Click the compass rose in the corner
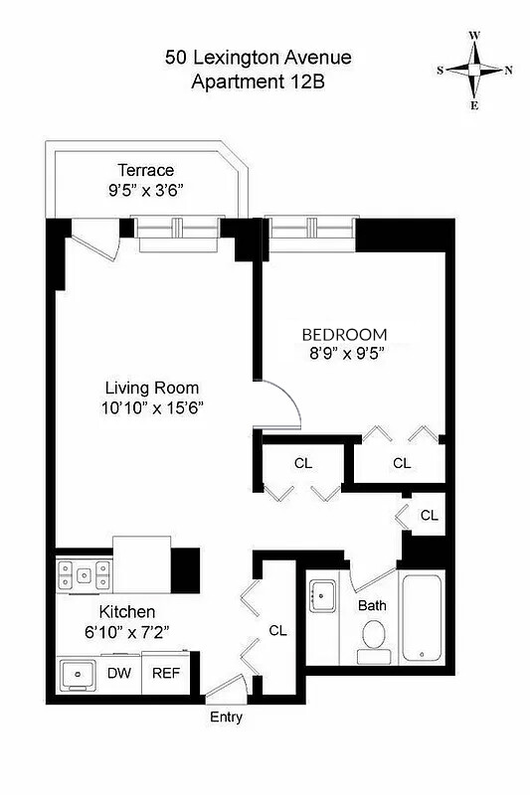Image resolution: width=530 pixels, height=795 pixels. pyautogui.click(x=475, y=70)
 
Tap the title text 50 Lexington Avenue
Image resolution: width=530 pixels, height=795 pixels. pyautogui.click(x=258, y=59)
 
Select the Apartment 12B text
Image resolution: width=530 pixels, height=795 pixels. pyautogui.click(x=258, y=82)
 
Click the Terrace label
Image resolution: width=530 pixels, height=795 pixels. pyautogui.click(x=145, y=170)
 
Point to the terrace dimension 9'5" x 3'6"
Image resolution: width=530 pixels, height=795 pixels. pyautogui.click(x=145, y=189)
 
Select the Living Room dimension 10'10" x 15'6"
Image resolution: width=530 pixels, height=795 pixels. pyautogui.click(x=153, y=406)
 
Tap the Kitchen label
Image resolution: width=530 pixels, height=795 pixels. pyautogui.click(x=125, y=612)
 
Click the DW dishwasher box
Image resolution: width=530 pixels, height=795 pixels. pyautogui.click(x=118, y=673)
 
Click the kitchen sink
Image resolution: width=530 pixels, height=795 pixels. pyautogui.click(x=78, y=675)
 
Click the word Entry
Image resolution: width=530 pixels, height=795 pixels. pyautogui.click(x=226, y=717)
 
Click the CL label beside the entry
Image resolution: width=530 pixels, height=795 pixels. pyautogui.click(x=278, y=630)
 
